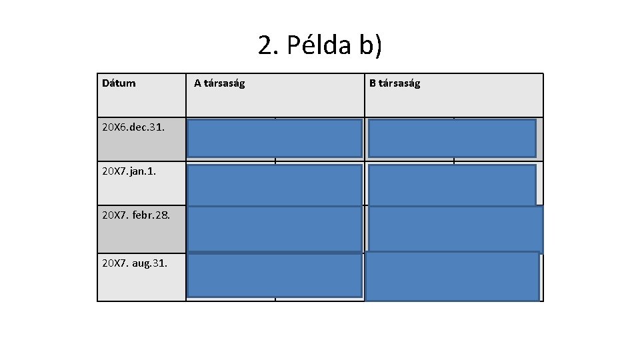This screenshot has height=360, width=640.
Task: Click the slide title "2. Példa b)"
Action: (320, 45)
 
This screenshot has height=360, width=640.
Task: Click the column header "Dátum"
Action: (119, 83)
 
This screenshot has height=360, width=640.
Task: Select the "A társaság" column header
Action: (219, 83)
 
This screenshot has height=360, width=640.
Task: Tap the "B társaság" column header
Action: (395, 83)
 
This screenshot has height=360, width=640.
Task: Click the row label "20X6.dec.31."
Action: (134, 126)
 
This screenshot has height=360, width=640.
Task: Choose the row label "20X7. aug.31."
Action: (135, 263)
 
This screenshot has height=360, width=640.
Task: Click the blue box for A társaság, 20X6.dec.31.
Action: (275, 137)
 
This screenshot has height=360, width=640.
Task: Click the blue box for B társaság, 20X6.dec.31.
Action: (452, 137)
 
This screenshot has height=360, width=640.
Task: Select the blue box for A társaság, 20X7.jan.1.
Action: (275, 184)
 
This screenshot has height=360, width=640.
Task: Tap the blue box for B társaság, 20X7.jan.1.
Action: (452, 184)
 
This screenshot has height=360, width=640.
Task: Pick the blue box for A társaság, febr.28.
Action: (275, 229)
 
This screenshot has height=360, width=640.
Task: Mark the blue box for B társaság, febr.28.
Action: (456, 229)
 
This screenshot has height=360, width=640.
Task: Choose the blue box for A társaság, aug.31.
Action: (275, 274)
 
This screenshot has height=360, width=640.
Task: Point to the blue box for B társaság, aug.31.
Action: (452, 276)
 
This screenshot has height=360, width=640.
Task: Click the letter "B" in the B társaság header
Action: (373, 83)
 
